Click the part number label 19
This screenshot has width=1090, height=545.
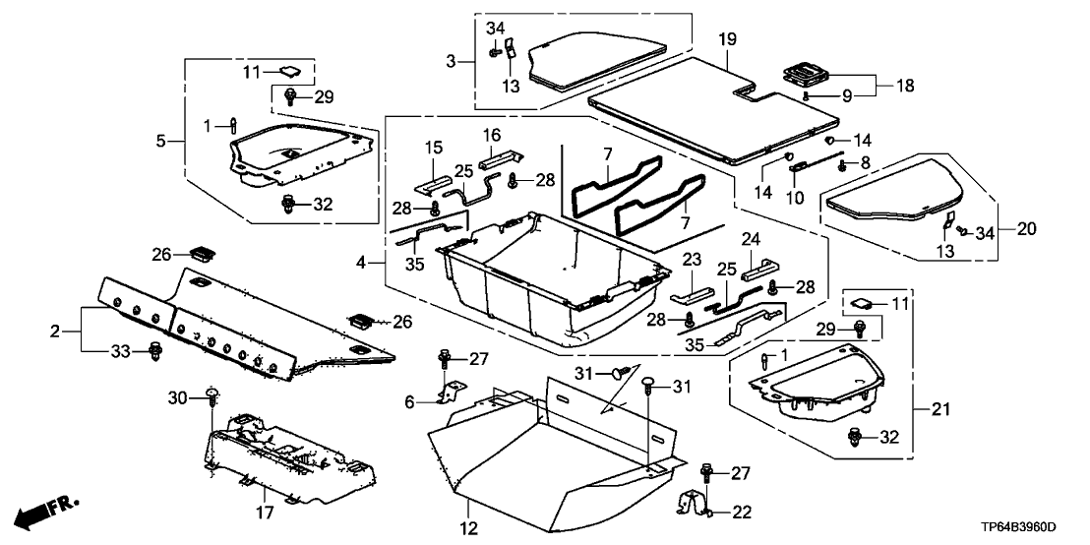(x=726, y=41)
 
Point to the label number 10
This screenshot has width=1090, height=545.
(x=794, y=198)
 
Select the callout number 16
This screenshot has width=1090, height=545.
(x=492, y=134)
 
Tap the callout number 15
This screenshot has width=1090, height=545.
(x=433, y=149)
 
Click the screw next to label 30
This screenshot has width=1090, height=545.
(x=212, y=397)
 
